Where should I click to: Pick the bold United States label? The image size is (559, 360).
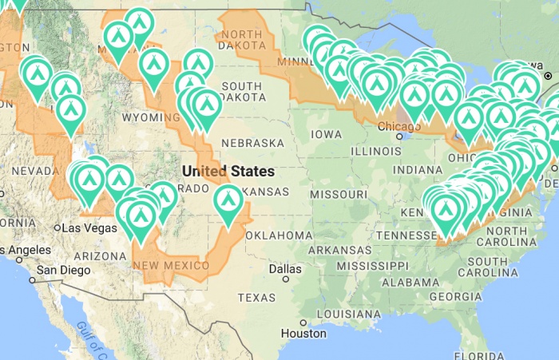pyautogui.click(x=228, y=171)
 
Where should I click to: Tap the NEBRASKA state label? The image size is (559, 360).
pyautogui.click(x=252, y=143)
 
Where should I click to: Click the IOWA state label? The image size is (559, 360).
pyautogui.click(x=327, y=134)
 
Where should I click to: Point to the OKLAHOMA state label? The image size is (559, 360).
pyautogui.click(x=279, y=235)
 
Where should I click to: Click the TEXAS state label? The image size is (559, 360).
pyautogui.click(x=256, y=298)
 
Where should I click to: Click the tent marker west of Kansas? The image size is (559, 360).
pyautogui.click(x=228, y=203)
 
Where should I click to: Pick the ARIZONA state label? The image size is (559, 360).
pyautogui.click(x=95, y=256)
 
